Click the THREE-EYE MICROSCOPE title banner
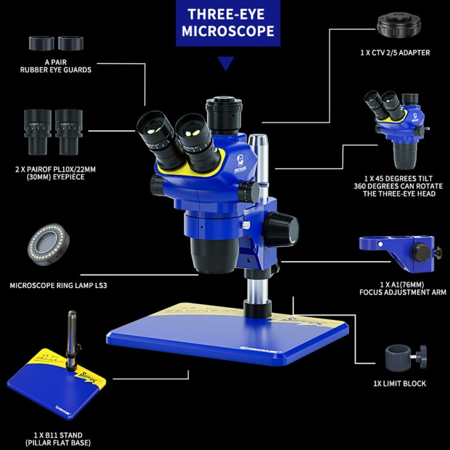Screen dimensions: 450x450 225,23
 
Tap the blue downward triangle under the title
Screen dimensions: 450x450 225,63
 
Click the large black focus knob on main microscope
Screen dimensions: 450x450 284,229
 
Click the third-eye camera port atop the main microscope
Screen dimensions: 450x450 224,112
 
